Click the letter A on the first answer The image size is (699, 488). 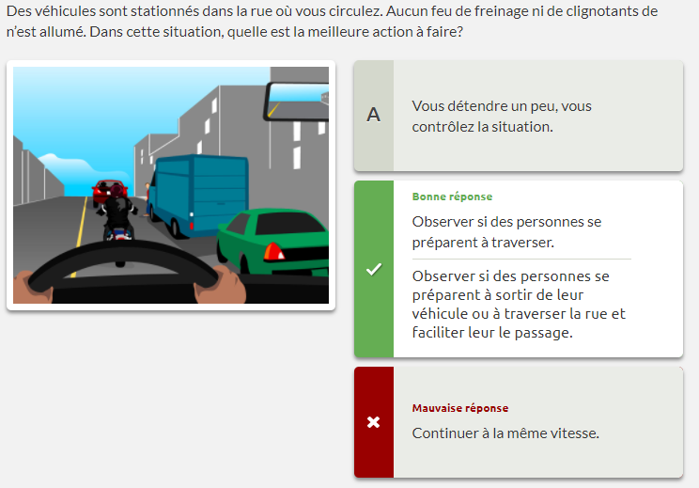[x=374, y=115]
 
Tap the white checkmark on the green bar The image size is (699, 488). [x=374, y=269]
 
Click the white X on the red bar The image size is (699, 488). [x=374, y=422]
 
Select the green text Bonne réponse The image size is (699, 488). [x=452, y=197]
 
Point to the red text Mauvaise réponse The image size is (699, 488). [x=460, y=408]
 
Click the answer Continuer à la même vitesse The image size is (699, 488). [x=505, y=433]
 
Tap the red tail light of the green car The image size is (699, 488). [x=273, y=252]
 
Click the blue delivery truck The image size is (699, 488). [x=198, y=195]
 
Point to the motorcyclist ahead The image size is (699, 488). [x=116, y=213]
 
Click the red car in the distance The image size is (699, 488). [x=107, y=191]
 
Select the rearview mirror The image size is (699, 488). [x=297, y=102]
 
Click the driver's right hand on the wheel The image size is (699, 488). [x=220, y=285]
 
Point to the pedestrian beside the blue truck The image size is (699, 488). [x=147, y=198]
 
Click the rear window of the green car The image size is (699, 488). [x=290, y=224]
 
